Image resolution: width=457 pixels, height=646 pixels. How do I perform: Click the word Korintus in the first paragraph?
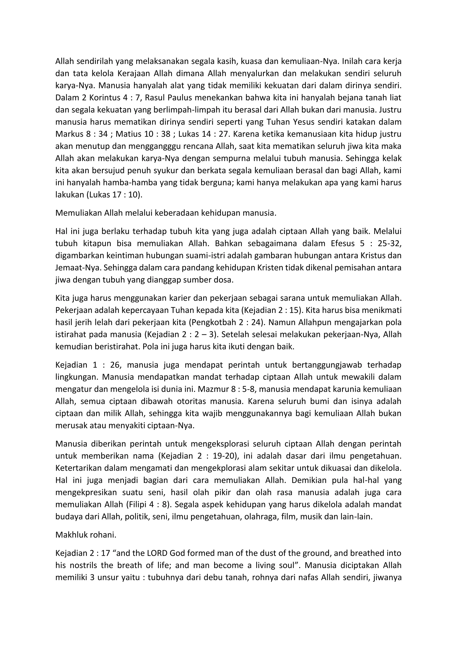coord(105,98)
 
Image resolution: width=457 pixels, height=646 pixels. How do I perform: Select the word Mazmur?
coord(211,389)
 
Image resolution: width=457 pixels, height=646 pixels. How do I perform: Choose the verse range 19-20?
coord(224,456)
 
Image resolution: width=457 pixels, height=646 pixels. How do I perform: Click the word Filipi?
coord(137,505)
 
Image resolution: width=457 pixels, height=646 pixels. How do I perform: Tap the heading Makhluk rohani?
coord(86,535)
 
